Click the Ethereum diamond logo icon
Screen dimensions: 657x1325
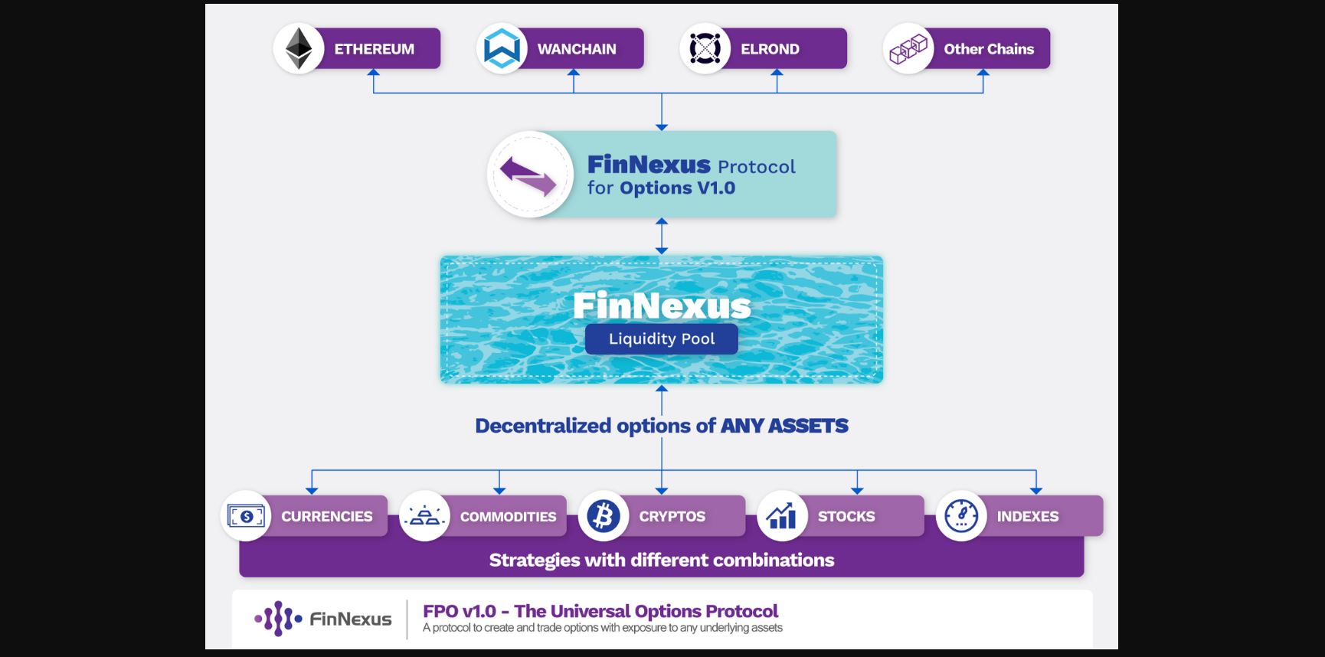coord(299,48)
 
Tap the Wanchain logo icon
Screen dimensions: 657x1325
coord(502,48)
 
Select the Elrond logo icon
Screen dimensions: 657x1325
coord(705,48)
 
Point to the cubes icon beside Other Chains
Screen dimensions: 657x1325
coord(908,49)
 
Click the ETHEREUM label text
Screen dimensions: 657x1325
coord(374,49)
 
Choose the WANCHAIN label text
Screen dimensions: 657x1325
coord(577,49)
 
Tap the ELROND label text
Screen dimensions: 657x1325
coord(770,49)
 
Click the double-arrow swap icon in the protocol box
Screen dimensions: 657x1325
coord(528,175)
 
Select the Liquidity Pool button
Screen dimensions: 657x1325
coord(662,338)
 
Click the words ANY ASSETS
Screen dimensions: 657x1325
coord(784,426)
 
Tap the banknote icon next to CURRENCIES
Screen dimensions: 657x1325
coord(246,516)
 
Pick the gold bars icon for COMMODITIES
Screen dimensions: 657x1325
coord(424,516)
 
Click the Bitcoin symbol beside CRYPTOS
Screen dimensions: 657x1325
coord(604,516)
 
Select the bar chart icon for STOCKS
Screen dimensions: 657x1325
coord(782,516)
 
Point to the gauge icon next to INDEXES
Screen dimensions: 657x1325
coord(961,516)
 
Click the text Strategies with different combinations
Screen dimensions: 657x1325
coord(662,560)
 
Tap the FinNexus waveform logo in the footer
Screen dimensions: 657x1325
coord(278,618)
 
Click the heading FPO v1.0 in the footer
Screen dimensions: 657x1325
coord(460,611)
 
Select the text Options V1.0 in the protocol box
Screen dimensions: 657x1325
coord(678,188)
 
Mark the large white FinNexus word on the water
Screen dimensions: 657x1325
coord(662,306)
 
